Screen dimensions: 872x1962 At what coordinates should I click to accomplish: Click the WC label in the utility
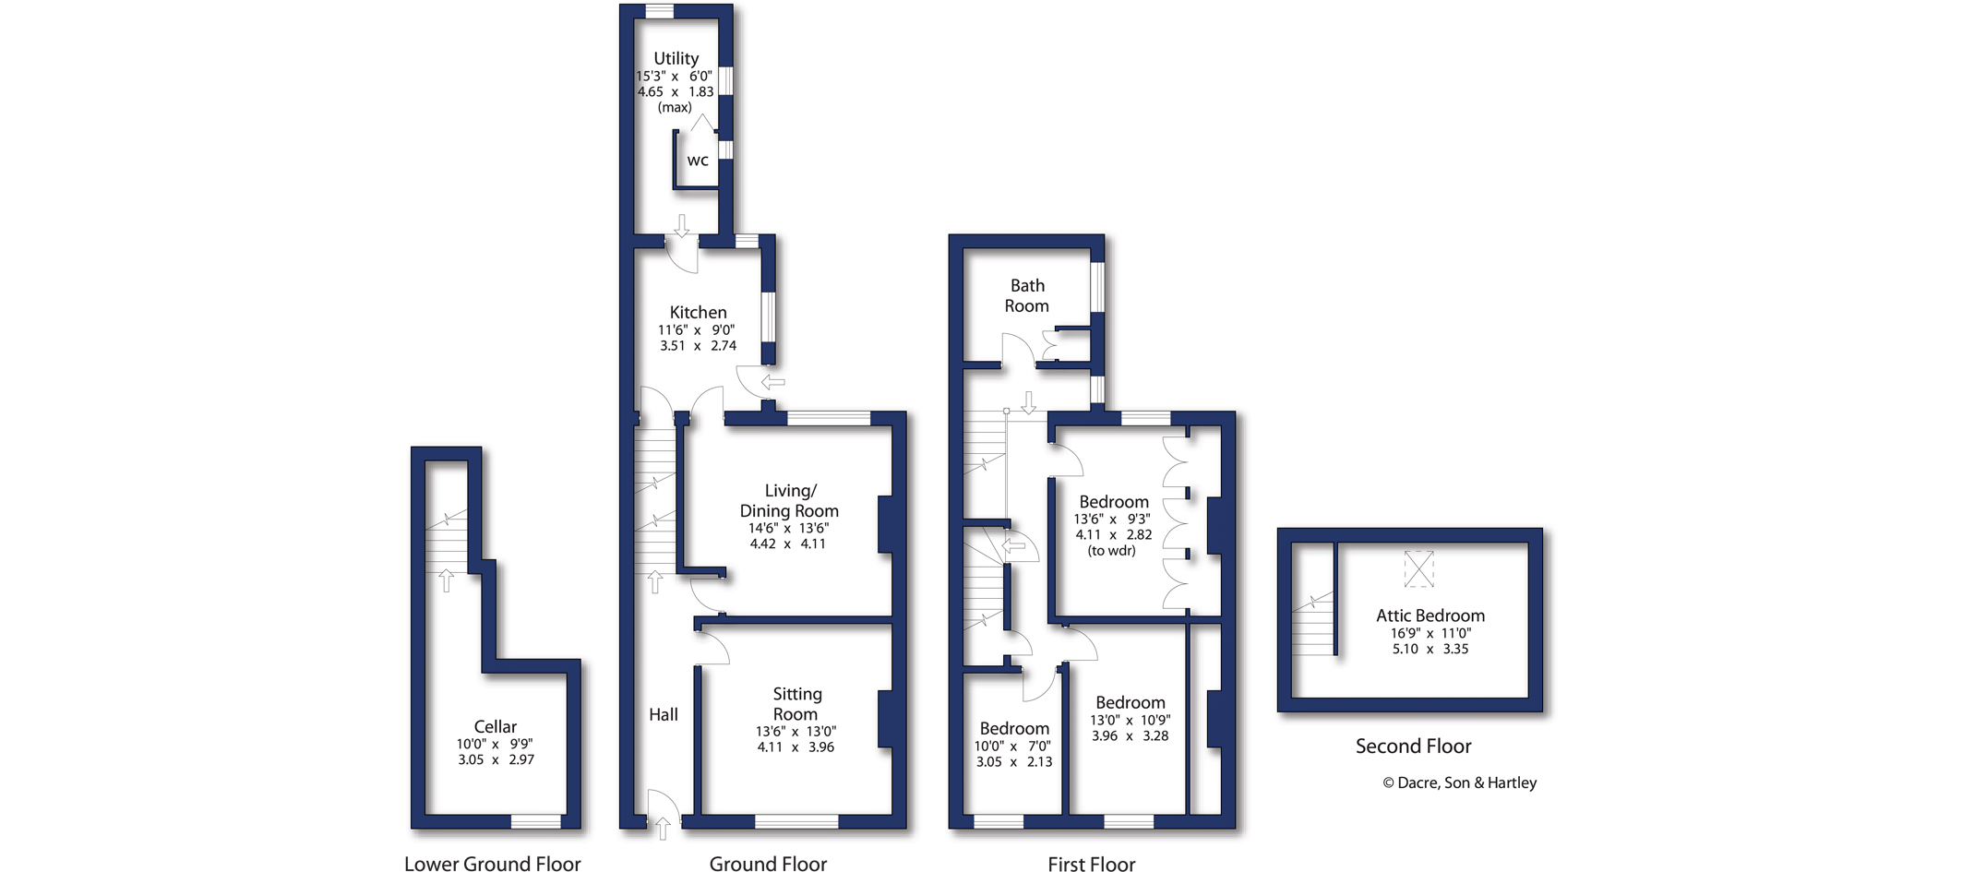click(698, 161)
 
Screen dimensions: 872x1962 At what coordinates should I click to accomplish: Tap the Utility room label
click(676, 58)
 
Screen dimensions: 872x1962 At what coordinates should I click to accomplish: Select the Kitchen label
click(698, 312)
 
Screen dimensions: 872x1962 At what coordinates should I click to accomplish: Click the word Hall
click(663, 714)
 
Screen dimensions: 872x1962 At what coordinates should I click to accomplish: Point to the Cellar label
click(495, 726)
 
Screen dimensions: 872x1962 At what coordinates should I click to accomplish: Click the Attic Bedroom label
click(1430, 615)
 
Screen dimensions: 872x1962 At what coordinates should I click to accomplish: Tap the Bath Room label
click(1026, 295)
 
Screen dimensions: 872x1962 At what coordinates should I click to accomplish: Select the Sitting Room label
click(796, 704)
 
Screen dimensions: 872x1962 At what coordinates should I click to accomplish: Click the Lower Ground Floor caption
click(492, 863)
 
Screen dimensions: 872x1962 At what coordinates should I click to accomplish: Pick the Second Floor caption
click(1413, 746)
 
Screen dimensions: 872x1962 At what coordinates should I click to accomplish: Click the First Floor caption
click(1091, 864)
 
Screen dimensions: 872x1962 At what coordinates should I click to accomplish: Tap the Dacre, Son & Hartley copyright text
click(1459, 782)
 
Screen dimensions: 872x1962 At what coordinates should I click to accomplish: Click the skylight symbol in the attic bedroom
click(1418, 568)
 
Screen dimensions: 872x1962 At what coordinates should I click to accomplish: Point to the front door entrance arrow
click(662, 828)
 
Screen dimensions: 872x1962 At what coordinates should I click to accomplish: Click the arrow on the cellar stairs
click(446, 580)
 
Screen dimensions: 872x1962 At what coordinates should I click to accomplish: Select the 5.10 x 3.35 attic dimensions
click(1430, 649)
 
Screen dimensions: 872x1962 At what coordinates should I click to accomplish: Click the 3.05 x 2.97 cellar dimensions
click(496, 759)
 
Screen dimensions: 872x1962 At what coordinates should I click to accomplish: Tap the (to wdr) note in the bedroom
click(1111, 551)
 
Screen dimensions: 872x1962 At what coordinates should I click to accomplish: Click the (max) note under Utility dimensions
click(675, 107)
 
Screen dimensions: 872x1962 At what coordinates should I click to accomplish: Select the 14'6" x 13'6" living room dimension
click(788, 528)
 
